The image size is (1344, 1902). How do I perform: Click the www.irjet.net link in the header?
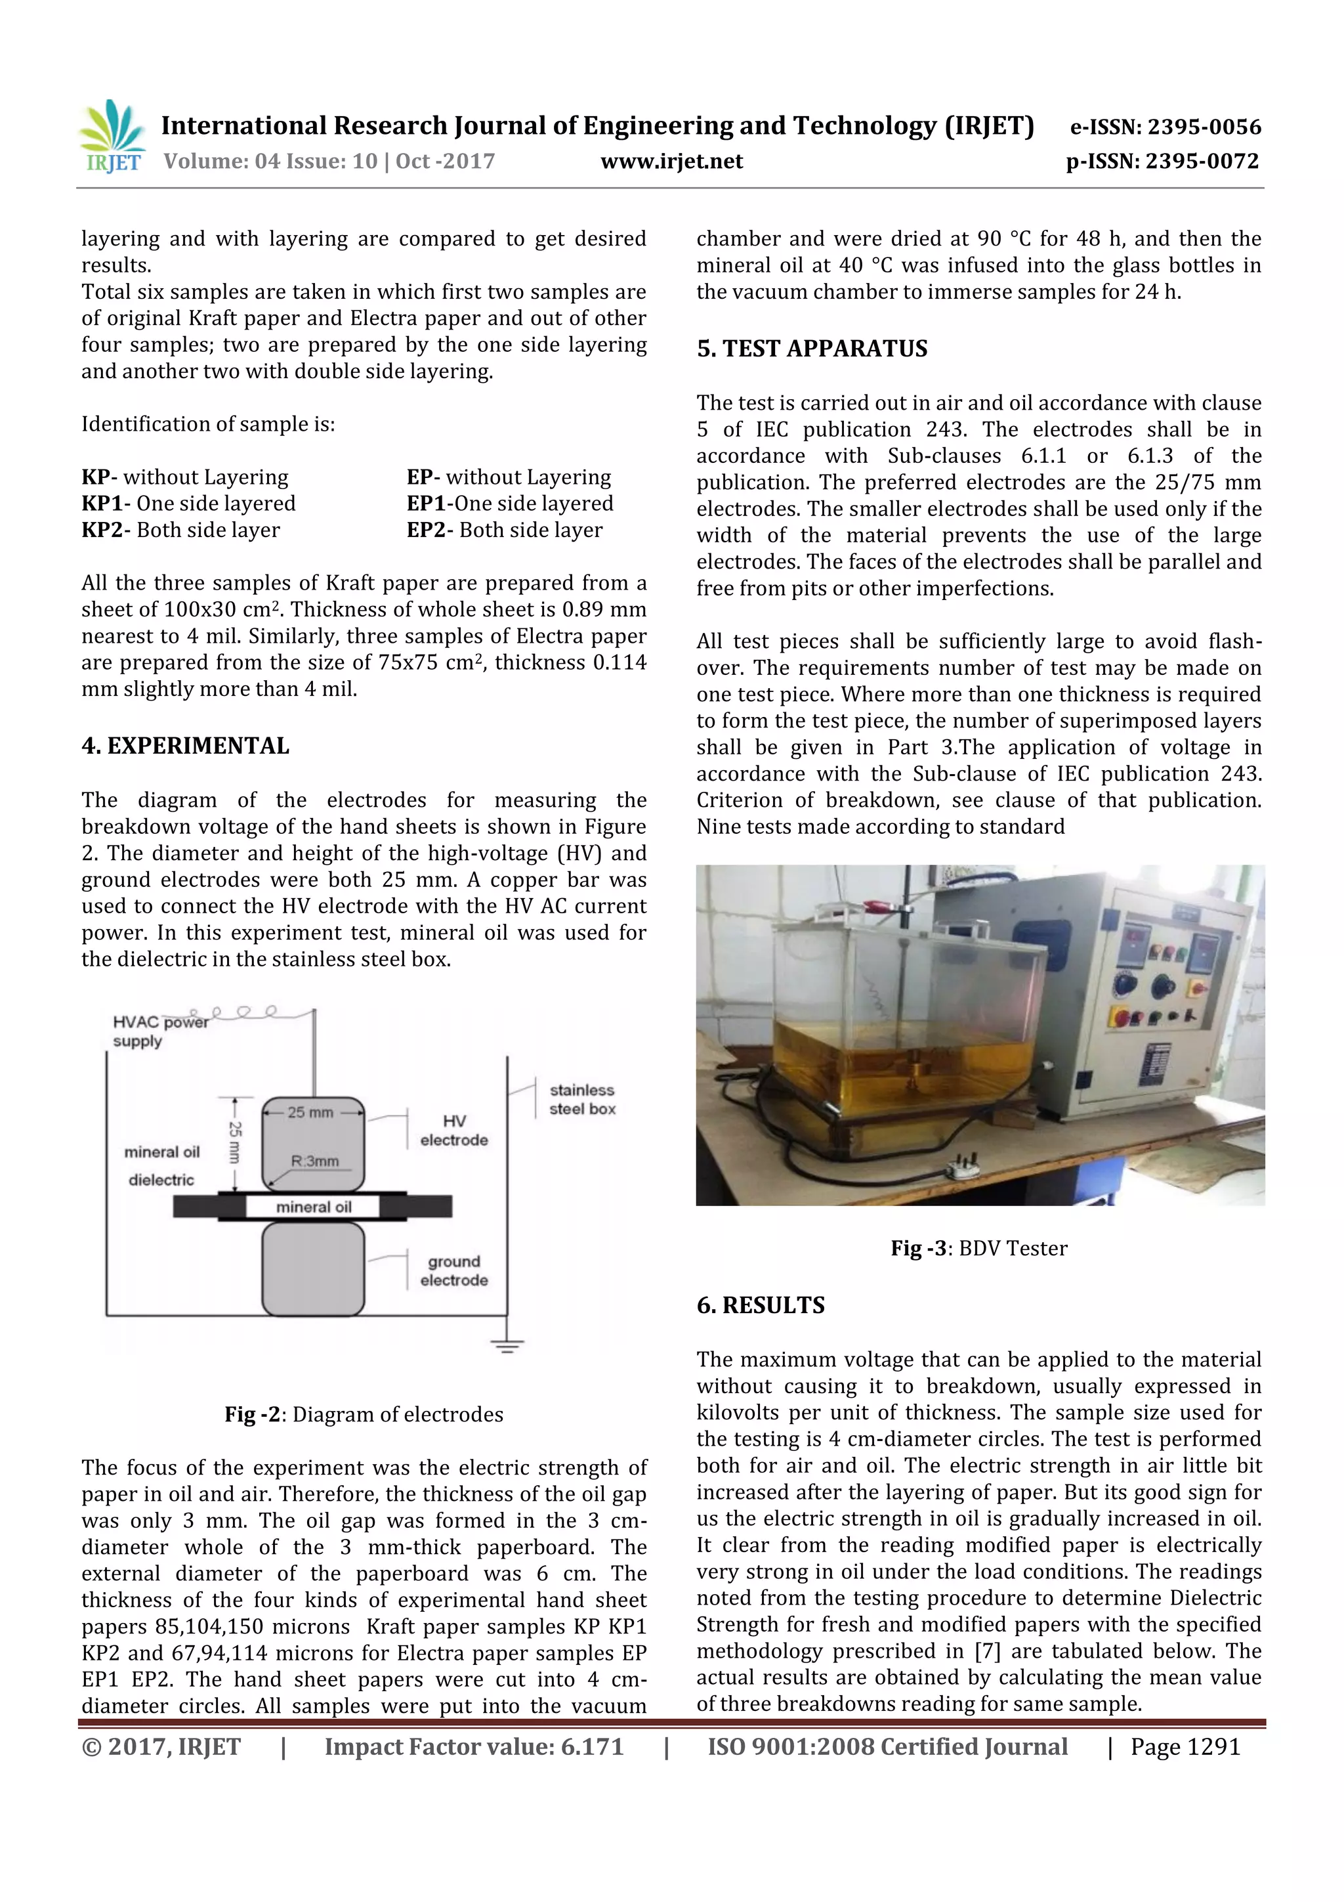point(671,161)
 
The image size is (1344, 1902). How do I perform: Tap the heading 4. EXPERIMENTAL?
point(186,746)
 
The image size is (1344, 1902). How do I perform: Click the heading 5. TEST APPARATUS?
point(812,349)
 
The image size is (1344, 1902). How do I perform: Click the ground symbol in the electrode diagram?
point(507,1345)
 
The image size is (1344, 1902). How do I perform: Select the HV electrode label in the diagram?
point(453,1130)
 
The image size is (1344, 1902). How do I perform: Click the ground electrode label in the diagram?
point(453,1270)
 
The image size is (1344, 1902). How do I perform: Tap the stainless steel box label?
point(582,1099)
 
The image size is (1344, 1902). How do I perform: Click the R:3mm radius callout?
point(315,1161)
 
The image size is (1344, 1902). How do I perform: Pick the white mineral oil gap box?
point(313,1207)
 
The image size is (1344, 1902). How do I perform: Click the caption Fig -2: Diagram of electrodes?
point(364,1414)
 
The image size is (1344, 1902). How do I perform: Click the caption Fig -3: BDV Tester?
point(979,1247)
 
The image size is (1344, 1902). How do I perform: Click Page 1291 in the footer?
point(1185,1746)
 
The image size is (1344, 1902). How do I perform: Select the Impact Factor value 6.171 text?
point(474,1746)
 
